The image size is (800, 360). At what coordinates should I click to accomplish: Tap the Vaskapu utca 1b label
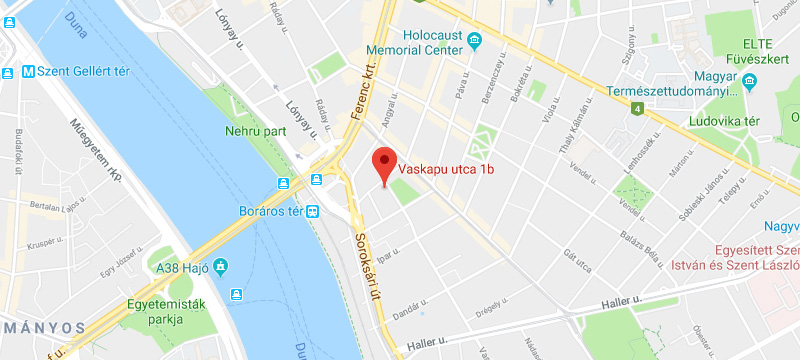(x=446, y=169)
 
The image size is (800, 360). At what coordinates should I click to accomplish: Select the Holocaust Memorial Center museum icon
(x=474, y=41)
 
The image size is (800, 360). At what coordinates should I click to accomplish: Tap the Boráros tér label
(x=270, y=211)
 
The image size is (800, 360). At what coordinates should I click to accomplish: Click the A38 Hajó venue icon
(x=220, y=266)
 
